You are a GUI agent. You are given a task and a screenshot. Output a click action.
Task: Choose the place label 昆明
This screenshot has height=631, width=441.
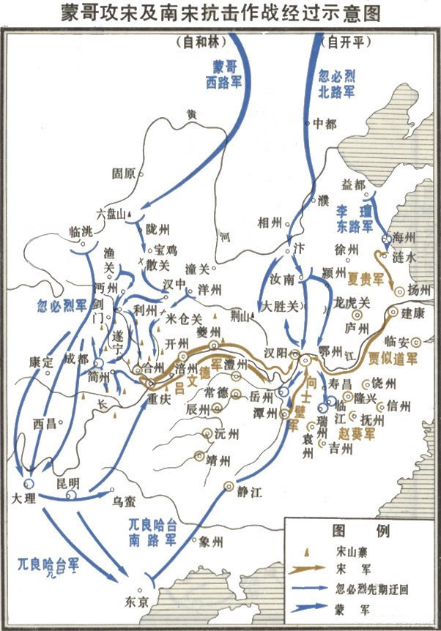(69, 483)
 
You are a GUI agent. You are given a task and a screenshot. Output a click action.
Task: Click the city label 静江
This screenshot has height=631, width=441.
(249, 492)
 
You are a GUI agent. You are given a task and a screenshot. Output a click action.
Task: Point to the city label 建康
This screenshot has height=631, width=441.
(414, 313)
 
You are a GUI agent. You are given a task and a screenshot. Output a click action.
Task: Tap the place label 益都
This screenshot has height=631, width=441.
(352, 184)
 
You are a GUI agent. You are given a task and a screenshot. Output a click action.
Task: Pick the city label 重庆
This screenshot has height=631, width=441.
(158, 400)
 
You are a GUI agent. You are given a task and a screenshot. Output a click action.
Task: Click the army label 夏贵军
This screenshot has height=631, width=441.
(366, 278)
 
